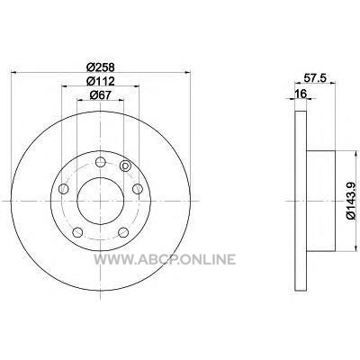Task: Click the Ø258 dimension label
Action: pos(101,67)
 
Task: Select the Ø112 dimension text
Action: pos(101,81)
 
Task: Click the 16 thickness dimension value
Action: pos(301,94)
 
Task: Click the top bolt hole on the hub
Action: pos(101,163)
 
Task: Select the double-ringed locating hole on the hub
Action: pos(124,166)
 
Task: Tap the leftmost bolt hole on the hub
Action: pos(64,189)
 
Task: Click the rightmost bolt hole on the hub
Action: pos(138,189)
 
